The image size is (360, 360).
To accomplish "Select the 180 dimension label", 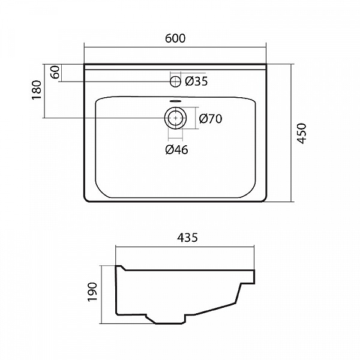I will (x=37, y=90).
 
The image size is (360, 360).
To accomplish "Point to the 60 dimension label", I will (x=55, y=73).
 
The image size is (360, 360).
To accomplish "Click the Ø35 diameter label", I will (x=196, y=82).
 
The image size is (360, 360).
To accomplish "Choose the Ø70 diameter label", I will (x=210, y=118).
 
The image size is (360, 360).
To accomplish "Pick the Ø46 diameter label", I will (x=176, y=150).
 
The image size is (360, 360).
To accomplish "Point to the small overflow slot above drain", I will (x=175, y=101).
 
